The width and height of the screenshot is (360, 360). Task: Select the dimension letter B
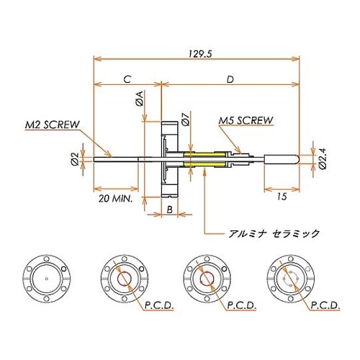(169, 209)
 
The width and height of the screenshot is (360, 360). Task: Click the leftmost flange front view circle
(47, 276)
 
